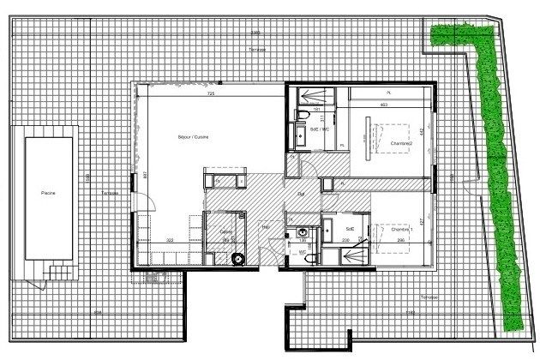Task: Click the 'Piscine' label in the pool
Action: click(48, 195)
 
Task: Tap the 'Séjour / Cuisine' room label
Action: click(193, 138)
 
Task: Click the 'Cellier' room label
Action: click(225, 231)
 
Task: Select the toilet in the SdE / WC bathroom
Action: click(303, 115)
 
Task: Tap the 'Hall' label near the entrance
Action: click(266, 227)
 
